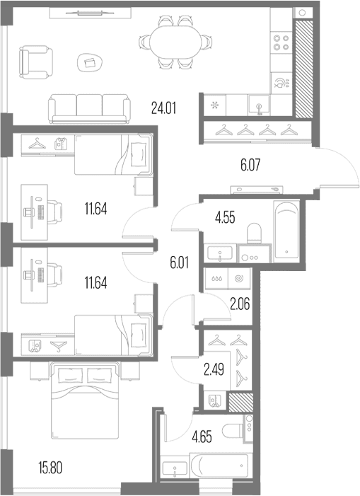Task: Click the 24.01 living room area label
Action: click(163, 108)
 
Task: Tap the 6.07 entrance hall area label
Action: click(250, 166)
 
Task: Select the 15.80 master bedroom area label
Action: click(50, 468)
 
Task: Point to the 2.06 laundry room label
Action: click(240, 304)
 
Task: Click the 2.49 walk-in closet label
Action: click(214, 369)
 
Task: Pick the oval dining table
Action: click(175, 42)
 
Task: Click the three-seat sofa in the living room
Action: click(89, 109)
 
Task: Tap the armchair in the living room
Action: click(35, 62)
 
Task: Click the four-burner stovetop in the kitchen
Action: click(281, 42)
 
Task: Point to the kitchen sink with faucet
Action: click(259, 105)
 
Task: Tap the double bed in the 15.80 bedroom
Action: click(85, 400)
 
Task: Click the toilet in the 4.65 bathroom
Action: click(233, 430)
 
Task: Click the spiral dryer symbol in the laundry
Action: click(239, 279)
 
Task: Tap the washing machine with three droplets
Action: click(216, 279)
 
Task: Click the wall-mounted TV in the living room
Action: click(91, 13)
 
